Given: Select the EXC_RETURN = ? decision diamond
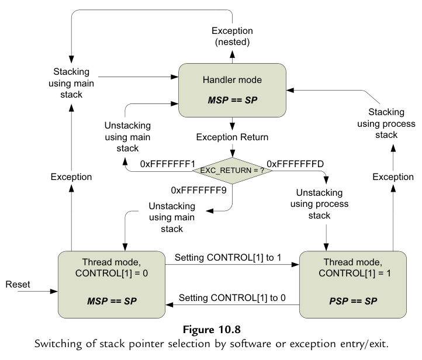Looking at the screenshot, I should pos(233,169).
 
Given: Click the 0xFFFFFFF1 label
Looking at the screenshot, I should pos(167,164).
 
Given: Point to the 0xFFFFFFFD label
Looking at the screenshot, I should pos(295,162).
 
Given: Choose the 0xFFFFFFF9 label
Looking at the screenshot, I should pos(198,190).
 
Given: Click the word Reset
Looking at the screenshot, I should pos(18,284).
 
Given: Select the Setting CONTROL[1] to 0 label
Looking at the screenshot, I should pos(232,297).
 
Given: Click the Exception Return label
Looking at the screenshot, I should pos(233,137).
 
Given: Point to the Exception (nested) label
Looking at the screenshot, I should pos(232,36).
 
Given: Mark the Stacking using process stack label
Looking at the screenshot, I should pos(386,123).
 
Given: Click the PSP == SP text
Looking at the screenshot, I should pos(352,301).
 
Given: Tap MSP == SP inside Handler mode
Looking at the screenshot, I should pos(232,100).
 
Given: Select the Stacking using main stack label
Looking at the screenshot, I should pos(71,83).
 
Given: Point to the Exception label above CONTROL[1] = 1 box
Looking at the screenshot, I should pos(393,176).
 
